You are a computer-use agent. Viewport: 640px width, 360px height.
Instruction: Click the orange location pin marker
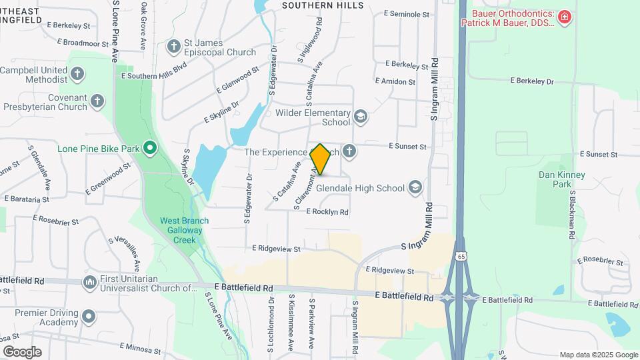(x=321, y=159)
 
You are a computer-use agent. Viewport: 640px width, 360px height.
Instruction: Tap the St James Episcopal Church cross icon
(x=174, y=47)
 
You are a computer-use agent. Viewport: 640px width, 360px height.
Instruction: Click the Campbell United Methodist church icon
(x=78, y=74)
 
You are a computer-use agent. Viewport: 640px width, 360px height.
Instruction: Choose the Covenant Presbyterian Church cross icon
(x=97, y=101)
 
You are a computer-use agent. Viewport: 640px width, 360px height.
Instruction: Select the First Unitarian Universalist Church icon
(x=89, y=283)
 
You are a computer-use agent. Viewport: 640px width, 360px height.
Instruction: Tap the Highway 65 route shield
(x=461, y=256)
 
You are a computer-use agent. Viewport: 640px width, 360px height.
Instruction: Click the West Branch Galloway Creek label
(x=184, y=230)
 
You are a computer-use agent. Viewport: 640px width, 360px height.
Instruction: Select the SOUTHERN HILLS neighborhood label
(x=323, y=5)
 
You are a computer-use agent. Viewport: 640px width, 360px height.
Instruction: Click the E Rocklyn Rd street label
(x=327, y=212)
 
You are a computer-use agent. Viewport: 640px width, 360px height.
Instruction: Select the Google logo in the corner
(x=21, y=352)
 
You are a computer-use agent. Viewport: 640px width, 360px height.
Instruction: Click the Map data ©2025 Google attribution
(x=599, y=355)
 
